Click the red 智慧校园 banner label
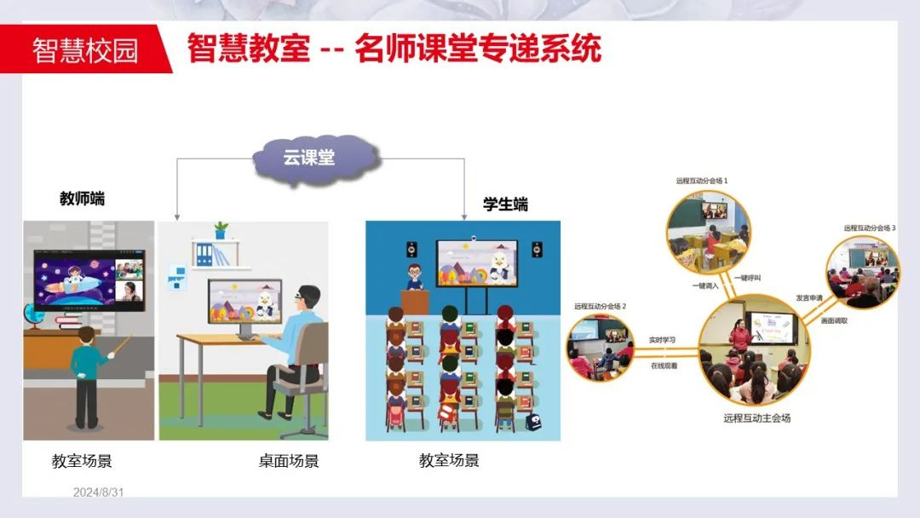point(85,49)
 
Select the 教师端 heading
point(82,199)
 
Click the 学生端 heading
point(505,204)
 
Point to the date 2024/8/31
point(99,492)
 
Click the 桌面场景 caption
point(289,462)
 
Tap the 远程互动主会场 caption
point(756,418)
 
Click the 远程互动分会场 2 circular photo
point(601,346)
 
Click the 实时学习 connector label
point(662,340)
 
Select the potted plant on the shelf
point(221,230)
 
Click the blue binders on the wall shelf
point(204,255)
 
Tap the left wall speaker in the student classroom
point(412,250)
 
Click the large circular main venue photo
point(754,349)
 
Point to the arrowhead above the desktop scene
point(176,216)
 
